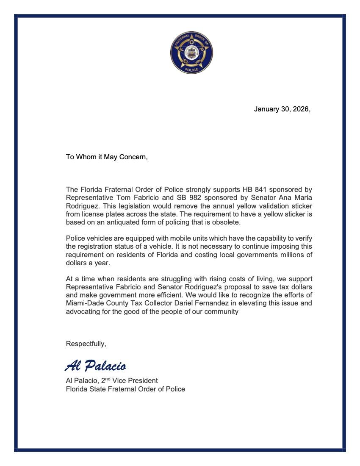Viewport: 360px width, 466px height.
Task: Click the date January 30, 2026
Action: [282, 109]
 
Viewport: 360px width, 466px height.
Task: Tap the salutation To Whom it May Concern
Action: [107, 157]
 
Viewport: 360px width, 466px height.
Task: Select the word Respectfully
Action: [86, 344]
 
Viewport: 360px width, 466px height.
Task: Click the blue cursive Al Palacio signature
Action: [96, 366]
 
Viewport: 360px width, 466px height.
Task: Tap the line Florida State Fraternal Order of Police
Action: [125, 389]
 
